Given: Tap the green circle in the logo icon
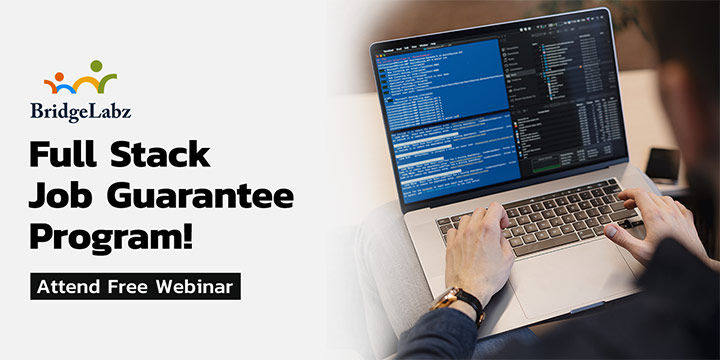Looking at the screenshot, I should tap(96, 66).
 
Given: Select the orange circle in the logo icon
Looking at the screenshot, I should tap(77, 73).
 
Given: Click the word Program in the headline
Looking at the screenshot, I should tap(121, 237).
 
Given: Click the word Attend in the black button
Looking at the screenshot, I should tap(70, 287).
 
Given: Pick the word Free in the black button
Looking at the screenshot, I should tap(132, 287).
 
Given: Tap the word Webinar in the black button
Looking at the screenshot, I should tap(197, 287).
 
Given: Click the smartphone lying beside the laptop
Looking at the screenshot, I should tap(662, 165).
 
